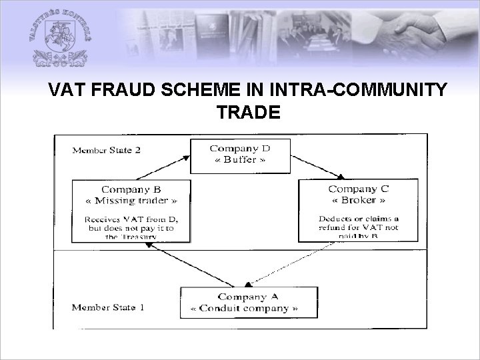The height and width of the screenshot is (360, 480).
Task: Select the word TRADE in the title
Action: click(248, 113)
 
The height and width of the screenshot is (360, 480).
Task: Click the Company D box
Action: click(239, 155)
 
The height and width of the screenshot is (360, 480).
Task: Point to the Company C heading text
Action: click(358, 189)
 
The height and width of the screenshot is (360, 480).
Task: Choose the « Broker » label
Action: click(358, 200)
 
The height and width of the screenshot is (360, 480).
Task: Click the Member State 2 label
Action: click(107, 149)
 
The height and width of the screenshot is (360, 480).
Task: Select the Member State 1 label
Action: click(107, 307)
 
